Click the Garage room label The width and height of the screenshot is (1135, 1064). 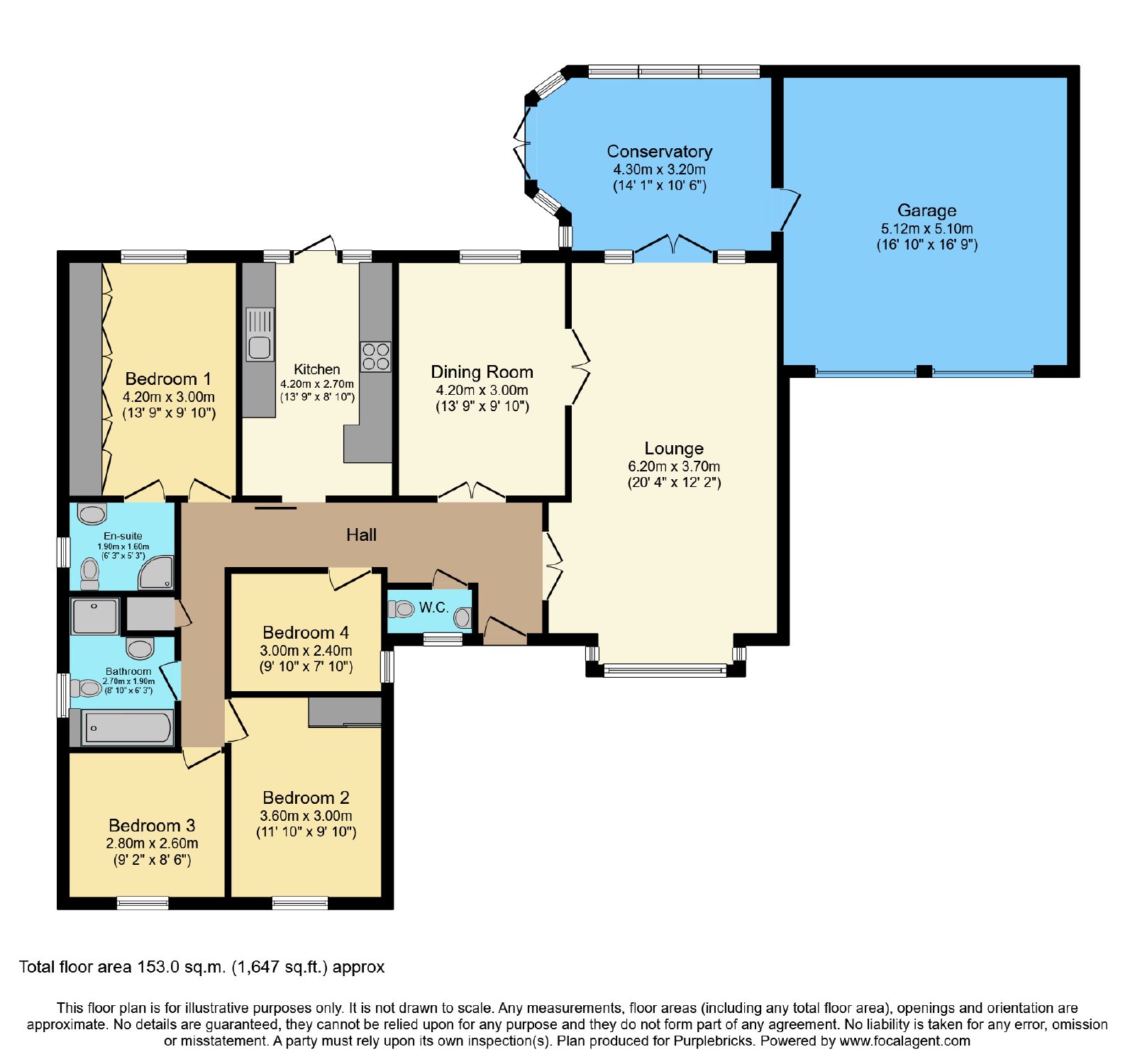[x=926, y=211]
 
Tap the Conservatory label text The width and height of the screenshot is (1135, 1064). [x=659, y=152]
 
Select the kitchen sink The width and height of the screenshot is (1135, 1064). [x=260, y=334]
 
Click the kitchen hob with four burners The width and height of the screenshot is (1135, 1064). [x=375, y=357]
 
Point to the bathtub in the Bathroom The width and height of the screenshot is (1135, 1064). [x=128, y=727]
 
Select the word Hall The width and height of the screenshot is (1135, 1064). [x=361, y=535]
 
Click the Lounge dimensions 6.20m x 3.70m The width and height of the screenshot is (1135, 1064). [x=674, y=466]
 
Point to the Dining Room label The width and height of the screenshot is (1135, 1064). [x=482, y=372]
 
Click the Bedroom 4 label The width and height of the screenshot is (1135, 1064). [x=306, y=632]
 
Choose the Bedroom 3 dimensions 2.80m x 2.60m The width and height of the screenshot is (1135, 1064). [x=152, y=844]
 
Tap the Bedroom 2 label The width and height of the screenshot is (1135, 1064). [x=306, y=797]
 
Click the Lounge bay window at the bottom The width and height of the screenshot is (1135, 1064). [x=665, y=669]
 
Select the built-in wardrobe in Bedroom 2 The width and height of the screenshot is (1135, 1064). [x=345, y=712]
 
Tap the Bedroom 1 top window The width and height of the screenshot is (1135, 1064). [x=153, y=257]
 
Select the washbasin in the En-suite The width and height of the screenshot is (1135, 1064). [x=92, y=514]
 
